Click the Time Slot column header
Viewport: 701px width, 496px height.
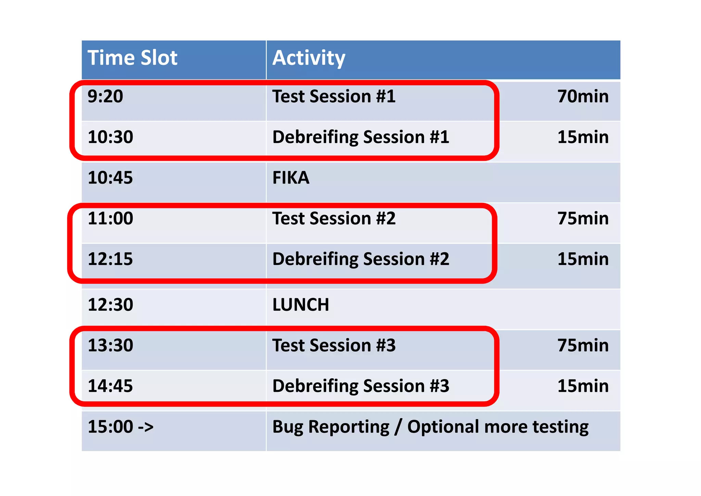coord(132,58)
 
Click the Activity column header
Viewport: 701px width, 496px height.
coord(308,58)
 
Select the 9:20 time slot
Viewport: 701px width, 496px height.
coord(105,96)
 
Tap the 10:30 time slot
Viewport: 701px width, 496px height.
coord(110,137)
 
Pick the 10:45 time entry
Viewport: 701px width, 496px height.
coord(110,178)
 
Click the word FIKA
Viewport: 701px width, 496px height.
coord(291,178)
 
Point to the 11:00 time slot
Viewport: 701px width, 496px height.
coord(110,218)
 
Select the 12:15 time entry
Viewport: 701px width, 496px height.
coord(110,259)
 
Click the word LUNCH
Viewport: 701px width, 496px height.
coord(301,305)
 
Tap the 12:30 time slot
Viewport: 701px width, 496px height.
coord(110,305)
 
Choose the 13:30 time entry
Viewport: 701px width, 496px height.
coord(110,345)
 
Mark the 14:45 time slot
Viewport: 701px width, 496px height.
coord(110,386)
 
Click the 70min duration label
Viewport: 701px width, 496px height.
coord(583,96)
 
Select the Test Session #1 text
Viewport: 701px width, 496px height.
coord(334,96)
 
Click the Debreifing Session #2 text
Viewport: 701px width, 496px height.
coord(360,259)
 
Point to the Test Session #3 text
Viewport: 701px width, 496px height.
coord(334,345)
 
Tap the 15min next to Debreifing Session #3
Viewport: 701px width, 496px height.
coord(583,386)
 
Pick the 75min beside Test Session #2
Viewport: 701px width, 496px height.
coord(583,218)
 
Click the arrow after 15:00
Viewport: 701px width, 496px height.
coord(145,427)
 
